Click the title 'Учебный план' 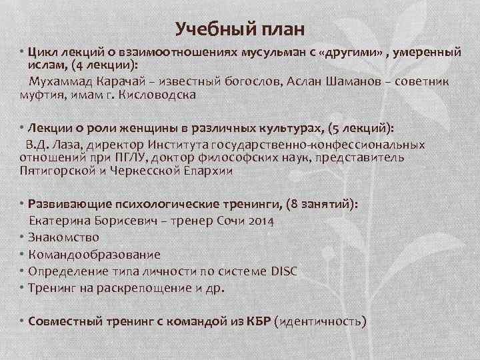tap(240, 29)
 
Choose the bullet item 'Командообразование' tap(94, 255)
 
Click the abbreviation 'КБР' tap(256, 321)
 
